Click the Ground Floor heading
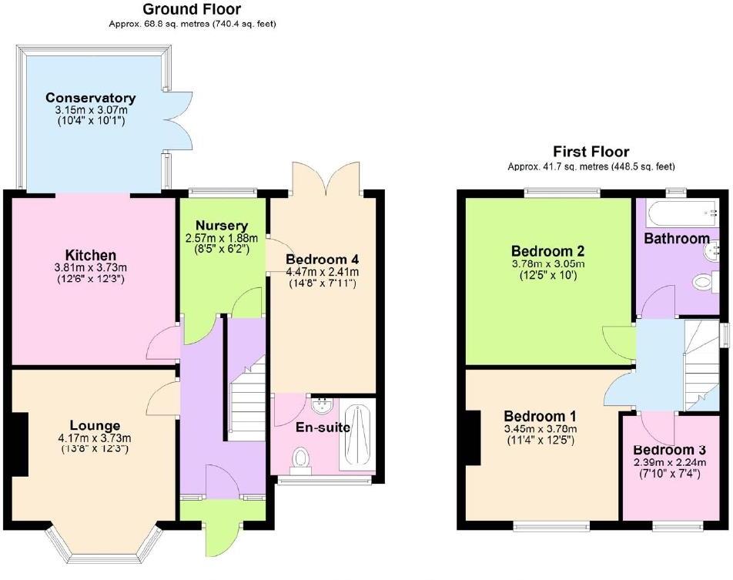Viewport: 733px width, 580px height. coord(192,10)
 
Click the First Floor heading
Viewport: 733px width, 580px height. coord(591,152)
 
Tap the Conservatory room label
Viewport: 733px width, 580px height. coord(90,98)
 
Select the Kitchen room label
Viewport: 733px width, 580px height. coord(90,255)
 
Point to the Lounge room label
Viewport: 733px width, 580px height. coord(95,425)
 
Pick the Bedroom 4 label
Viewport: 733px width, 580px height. coord(322,259)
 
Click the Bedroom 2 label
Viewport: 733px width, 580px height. coord(548,250)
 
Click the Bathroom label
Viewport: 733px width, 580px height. coord(677,239)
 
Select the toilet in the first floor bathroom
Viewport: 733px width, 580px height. coord(706,282)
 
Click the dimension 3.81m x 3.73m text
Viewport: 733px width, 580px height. coord(90,269)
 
